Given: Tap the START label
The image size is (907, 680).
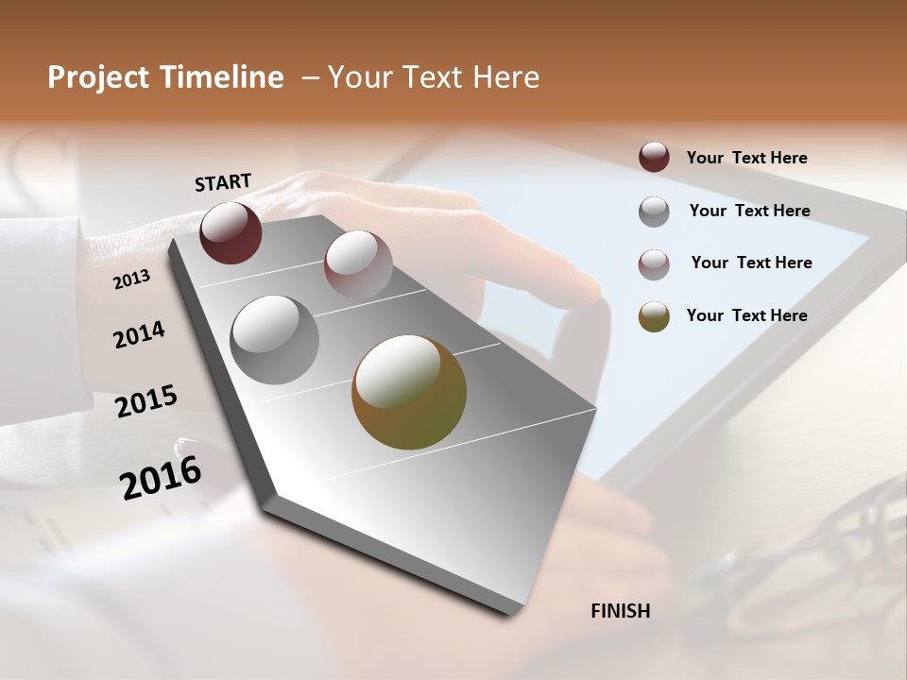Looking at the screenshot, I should pyautogui.click(x=223, y=182).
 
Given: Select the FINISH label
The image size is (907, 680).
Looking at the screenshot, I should pyautogui.click(x=621, y=611).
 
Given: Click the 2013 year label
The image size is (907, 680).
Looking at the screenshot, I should pyautogui.click(x=131, y=279).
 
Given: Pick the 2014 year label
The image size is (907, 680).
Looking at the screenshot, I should pyautogui.click(x=139, y=334).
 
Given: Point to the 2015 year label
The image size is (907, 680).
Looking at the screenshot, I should pyautogui.click(x=146, y=401).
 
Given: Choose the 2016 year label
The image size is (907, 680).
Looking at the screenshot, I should pyautogui.click(x=161, y=478).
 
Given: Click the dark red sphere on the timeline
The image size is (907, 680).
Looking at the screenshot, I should pyautogui.click(x=231, y=232).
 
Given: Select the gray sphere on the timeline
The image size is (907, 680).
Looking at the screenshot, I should pyautogui.click(x=275, y=340).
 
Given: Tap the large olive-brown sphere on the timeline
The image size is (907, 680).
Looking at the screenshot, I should pyautogui.click(x=409, y=392).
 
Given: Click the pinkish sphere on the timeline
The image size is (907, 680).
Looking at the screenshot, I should pyautogui.click(x=358, y=263).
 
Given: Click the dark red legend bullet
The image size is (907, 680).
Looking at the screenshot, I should pyautogui.click(x=654, y=157).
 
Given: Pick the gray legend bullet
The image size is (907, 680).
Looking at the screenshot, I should pyautogui.click(x=654, y=212).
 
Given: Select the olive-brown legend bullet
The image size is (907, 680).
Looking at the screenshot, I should pyautogui.click(x=654, y=316).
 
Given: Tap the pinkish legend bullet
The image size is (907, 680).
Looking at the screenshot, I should pyautogui.click(x=654, y=263).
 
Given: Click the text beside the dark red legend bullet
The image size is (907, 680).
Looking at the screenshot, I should pyautogui.click(x=746, y=158).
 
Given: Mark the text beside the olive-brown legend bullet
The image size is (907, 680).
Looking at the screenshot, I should pyautogui.click(x=746, y=315).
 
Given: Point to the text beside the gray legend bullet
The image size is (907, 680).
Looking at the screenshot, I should pyautogui.click(x=749, y=211).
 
